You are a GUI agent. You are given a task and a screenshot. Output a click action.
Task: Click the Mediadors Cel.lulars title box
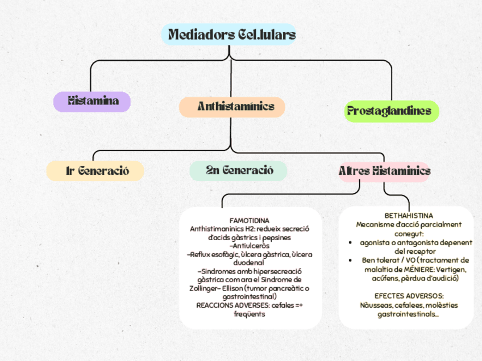[228, 35]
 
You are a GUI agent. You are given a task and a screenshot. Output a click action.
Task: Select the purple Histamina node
[93, 102]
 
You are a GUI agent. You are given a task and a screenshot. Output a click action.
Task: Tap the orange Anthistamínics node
[232, 107]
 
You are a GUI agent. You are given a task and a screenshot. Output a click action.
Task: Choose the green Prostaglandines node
[392, 111]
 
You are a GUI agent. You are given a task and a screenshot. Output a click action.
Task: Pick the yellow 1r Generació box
[95, 171]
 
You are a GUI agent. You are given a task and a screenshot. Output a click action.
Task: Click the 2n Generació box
[239, 170]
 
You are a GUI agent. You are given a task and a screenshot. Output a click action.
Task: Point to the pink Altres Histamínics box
[384, 171]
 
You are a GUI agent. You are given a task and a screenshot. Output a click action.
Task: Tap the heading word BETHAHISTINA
[409, 216]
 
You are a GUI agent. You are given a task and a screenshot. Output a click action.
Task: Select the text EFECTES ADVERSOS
[409, 296]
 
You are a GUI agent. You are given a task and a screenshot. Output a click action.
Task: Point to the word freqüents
[250, 314]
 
